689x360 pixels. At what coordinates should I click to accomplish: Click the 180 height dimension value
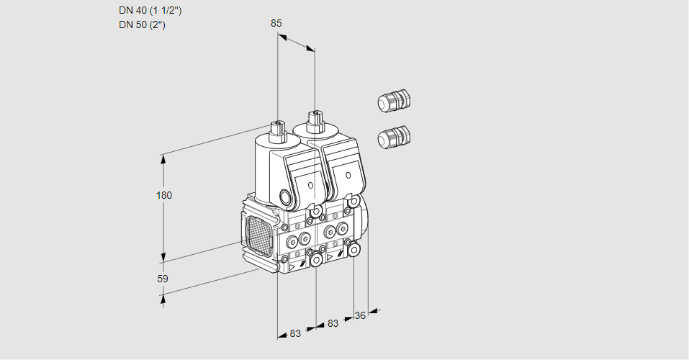point(165,195)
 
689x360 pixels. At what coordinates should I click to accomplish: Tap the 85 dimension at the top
point(276,23)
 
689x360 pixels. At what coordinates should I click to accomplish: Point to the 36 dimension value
point(361,315)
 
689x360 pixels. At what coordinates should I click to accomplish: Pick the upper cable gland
point(394,101)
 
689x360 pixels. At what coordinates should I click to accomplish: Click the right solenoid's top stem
point(314,119)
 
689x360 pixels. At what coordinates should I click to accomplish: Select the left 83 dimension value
point(295,333)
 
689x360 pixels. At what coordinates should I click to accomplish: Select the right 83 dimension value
point(333,324)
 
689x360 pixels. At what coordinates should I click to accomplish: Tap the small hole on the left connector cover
point(310,185)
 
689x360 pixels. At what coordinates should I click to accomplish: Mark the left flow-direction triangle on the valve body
point(292,266)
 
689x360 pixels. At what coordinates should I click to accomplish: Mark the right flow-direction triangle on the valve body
point(330,256)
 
